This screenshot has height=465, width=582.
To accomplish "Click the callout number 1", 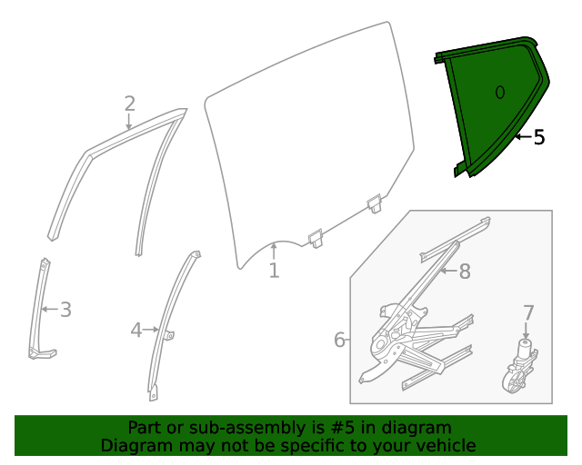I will point(274,271).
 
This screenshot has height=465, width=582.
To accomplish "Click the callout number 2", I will point(129,103).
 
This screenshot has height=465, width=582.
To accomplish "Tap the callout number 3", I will point(65,310).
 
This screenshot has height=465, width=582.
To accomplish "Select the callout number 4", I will point(136,331).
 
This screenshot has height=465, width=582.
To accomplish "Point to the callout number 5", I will point(539,138).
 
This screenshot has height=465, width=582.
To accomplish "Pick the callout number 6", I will point(340,340).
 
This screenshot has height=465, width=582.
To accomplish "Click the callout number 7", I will point(528,313).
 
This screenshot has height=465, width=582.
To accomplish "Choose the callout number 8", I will point(464,271).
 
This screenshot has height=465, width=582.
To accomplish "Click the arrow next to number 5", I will point(521,138).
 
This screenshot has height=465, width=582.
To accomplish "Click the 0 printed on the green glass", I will point(499,92).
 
